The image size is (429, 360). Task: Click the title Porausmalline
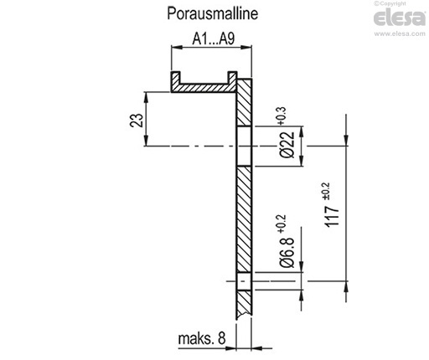pos(212,13)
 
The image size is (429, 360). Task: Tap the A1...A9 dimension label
pos(214,39)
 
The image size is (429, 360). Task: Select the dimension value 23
pos(137,121)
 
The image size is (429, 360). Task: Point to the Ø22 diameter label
pos(287,145)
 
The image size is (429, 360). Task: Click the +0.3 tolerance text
pos(282,116)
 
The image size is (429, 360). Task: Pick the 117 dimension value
pos(332,216)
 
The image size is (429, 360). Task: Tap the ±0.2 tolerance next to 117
pos(326,191)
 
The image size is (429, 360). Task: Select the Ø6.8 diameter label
pos(287,252)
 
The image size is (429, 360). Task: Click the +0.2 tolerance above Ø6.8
pos(282,224)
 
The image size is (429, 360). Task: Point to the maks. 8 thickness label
pos(202,338)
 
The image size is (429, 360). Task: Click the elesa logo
pos(400,18)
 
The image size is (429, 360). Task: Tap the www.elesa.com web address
pos(400,33)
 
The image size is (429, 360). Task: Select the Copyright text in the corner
pos(390,3)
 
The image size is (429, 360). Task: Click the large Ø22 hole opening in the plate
pos(244,147)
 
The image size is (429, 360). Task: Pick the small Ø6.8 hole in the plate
pos(244,281)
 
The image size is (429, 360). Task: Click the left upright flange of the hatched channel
pos(176,80)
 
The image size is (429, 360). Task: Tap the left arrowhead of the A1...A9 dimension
pos(177,47)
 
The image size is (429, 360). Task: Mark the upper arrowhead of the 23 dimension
pos(146,98)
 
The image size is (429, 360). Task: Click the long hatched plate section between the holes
pos(244,219)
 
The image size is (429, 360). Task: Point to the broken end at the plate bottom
pos(244,315)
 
